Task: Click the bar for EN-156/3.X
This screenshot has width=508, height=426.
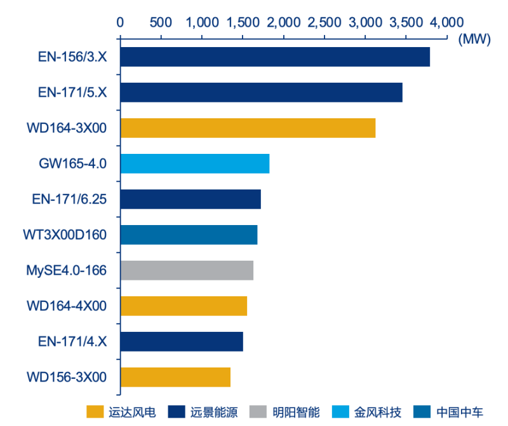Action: click(x=274, y=57)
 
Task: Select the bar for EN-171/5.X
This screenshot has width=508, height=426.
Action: click(x=261, y=92)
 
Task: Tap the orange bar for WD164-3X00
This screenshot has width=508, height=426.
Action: click(x=248, y=128)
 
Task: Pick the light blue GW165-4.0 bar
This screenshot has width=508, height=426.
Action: click(x=194, y=163)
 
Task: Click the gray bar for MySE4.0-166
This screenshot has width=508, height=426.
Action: click(x=187, y=270)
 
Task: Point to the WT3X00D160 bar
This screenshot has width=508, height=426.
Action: click(x=189, y=235)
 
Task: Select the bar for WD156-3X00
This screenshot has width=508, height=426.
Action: click(x=175, y=377)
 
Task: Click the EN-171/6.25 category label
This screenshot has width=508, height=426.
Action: click(x=69, y=199)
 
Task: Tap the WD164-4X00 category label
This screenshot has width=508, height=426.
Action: click(x=66, y=306)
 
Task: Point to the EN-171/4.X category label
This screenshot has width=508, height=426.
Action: click(x=72, y=341)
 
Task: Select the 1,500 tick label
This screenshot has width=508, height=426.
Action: click(x=243, y=22)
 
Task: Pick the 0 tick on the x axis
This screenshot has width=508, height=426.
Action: click(x=120, y=22)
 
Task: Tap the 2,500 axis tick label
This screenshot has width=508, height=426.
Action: click(x=324, y=22)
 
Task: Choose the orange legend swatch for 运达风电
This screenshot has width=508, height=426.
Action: click(x=95, y=412)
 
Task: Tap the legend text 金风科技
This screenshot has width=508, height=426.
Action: click(x=378, y=412)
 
